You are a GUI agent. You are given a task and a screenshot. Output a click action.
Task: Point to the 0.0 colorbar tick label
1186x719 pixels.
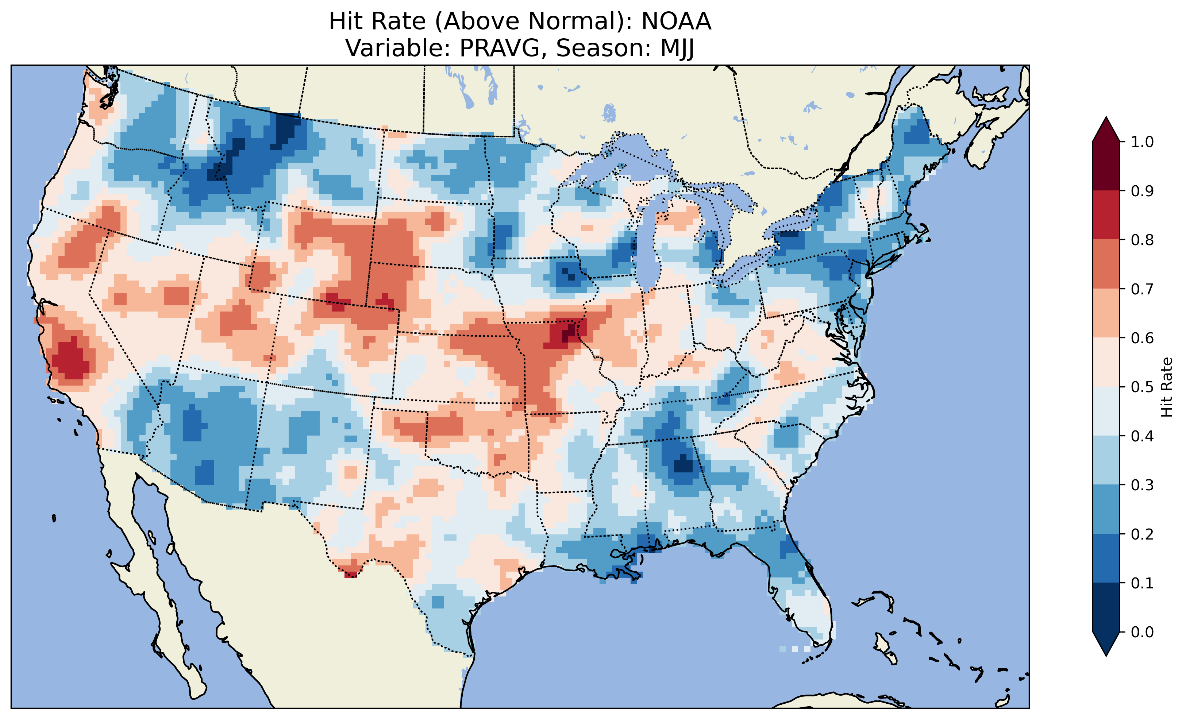click(x=1142, y=632)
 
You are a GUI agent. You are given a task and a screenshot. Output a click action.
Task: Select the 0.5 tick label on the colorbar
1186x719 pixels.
click(x=1142, y=387)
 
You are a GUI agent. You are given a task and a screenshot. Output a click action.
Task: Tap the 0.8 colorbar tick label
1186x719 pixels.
click(x=1142, y=240)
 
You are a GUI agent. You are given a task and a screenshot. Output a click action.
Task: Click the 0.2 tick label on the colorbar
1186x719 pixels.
click(x=1142, y=534)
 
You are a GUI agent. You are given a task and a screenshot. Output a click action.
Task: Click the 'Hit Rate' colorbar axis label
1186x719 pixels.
click(x=1166, y=387)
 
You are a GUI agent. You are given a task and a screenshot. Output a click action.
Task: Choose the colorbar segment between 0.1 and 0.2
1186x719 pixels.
click(x=1106, y=558)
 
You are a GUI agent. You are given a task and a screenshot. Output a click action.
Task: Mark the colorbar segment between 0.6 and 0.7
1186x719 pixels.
click(x=1106, y=313)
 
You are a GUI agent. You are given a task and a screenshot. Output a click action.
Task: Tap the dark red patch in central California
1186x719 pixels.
click(x=71, y=359)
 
